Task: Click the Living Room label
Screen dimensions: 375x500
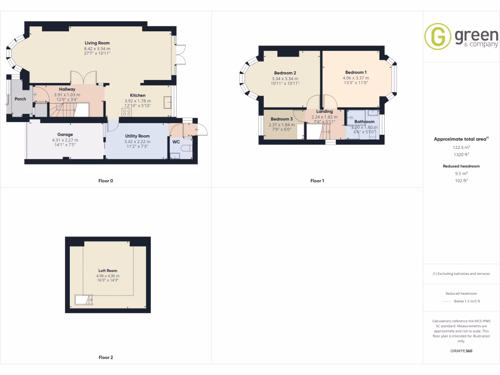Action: pyautogui.click(x=97, y=43)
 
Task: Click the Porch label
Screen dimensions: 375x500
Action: pyautogui.click(x=21, y=99)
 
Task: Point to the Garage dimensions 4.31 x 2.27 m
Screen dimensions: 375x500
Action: pyautogui.click(x=65, y=140)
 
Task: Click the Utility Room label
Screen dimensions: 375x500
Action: pyautogui.click(x=137, y=136)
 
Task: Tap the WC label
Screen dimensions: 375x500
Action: pyautogui.click(x=176, y=142)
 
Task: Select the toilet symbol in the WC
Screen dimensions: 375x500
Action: pyautogui.click(x=186, y=148)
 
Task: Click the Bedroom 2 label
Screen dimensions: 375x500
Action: pyautogui.click(x=285, y=73)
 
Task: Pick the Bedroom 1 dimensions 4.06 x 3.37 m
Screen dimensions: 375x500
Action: pyautogui.click(x=355, y=78)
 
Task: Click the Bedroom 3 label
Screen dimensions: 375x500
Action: pyautogui.click(x=282, y=119)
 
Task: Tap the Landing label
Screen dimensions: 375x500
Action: pyautogui.click(x=325, y=111)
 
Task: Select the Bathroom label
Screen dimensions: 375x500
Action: pyautogui.click(x=364, y=122)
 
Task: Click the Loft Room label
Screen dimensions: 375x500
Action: pyautogui.click(x=108, y=271)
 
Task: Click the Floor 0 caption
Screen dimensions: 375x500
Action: pyautogui.click(x=105, y=181)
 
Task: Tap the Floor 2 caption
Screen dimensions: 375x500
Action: pyautogui.click(x=105, y=357)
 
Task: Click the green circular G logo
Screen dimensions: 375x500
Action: pyautogui.click(x=437, y=36)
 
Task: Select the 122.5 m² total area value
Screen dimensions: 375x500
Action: pyautogui.click(x=461, y=147)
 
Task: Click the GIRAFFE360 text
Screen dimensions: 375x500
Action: pyautogui.click(x=461, y=351)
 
